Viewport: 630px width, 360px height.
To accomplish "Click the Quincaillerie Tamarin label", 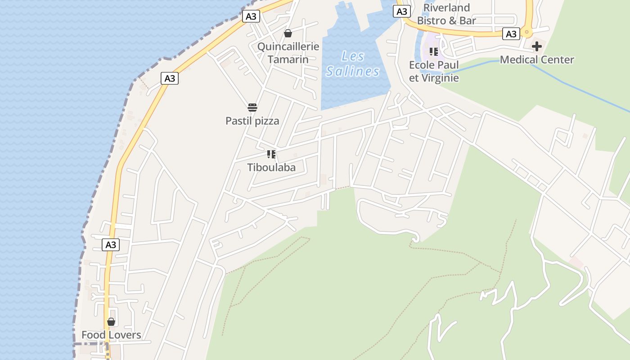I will pyautogui.click(x=288, y=53).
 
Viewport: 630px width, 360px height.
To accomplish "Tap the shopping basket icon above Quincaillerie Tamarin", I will pyautogui.click(x=288, y=33).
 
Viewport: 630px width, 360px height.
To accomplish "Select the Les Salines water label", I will pyautogui.click(x=353, y=64).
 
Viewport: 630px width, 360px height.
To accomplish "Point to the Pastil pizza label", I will pyautogui.click(x=252, y=121).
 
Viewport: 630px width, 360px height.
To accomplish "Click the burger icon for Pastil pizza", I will pyautogui.click(x=252, y=108).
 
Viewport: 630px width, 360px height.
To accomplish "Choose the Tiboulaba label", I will pyautogui.click(x=271, y=167).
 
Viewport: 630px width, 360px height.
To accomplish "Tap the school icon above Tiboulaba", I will pyautogui.click(x=271, y=154).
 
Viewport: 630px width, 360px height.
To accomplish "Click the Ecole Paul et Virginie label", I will pyautogui.click(x=434, y=71).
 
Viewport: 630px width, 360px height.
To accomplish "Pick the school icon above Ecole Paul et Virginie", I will pyautogui.click(x=433, y=51).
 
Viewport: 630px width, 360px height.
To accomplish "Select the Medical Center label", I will pyautogui.click(x=537, y=59).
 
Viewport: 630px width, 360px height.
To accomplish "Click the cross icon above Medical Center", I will pyautogui.click(x=536, y=46).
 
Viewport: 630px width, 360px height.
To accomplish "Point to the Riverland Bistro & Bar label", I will pyautogui.click(x=446, y=14).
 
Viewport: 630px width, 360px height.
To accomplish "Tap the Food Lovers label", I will pyautogui.click(x=111, y=335).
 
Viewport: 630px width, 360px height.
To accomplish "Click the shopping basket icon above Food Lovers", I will pyautogui.click(x=111, y=322).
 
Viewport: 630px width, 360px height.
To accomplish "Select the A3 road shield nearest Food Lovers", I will pyautogui.click(x=111, y=245).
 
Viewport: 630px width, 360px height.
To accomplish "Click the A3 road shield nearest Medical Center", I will pyautogui.click(x=511, y=34).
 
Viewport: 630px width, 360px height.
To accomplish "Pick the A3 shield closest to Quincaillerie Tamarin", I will pyautogui.click(x=251, y=17).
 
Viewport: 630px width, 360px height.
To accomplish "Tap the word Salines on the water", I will pyautogui.click(x=353, y=71).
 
